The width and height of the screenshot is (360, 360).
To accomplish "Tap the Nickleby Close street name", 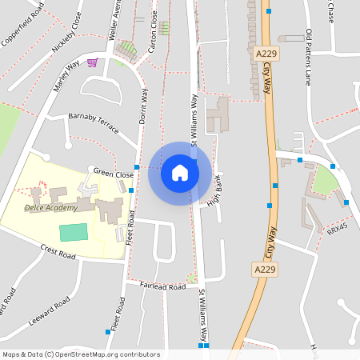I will point(66,37).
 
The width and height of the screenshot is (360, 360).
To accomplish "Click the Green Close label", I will point(114,172).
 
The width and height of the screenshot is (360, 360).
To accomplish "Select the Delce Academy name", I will point(51,208).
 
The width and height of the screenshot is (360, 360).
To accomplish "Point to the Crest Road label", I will point(58,254).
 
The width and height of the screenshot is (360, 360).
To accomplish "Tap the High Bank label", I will point(214,192).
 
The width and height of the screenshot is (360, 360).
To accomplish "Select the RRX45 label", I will point(337,229).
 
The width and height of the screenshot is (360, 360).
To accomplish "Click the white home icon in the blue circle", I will point(180,173).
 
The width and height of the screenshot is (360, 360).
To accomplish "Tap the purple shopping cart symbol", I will point(93,62).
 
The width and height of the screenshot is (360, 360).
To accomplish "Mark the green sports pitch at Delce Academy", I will point(74,233).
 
